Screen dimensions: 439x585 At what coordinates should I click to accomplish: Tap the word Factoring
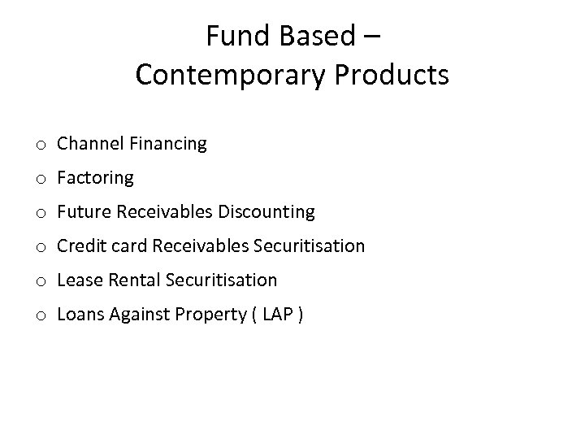point(95,178)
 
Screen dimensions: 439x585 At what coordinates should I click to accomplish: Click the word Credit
point(81,246)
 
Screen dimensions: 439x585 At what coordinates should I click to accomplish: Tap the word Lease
point(78,280)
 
